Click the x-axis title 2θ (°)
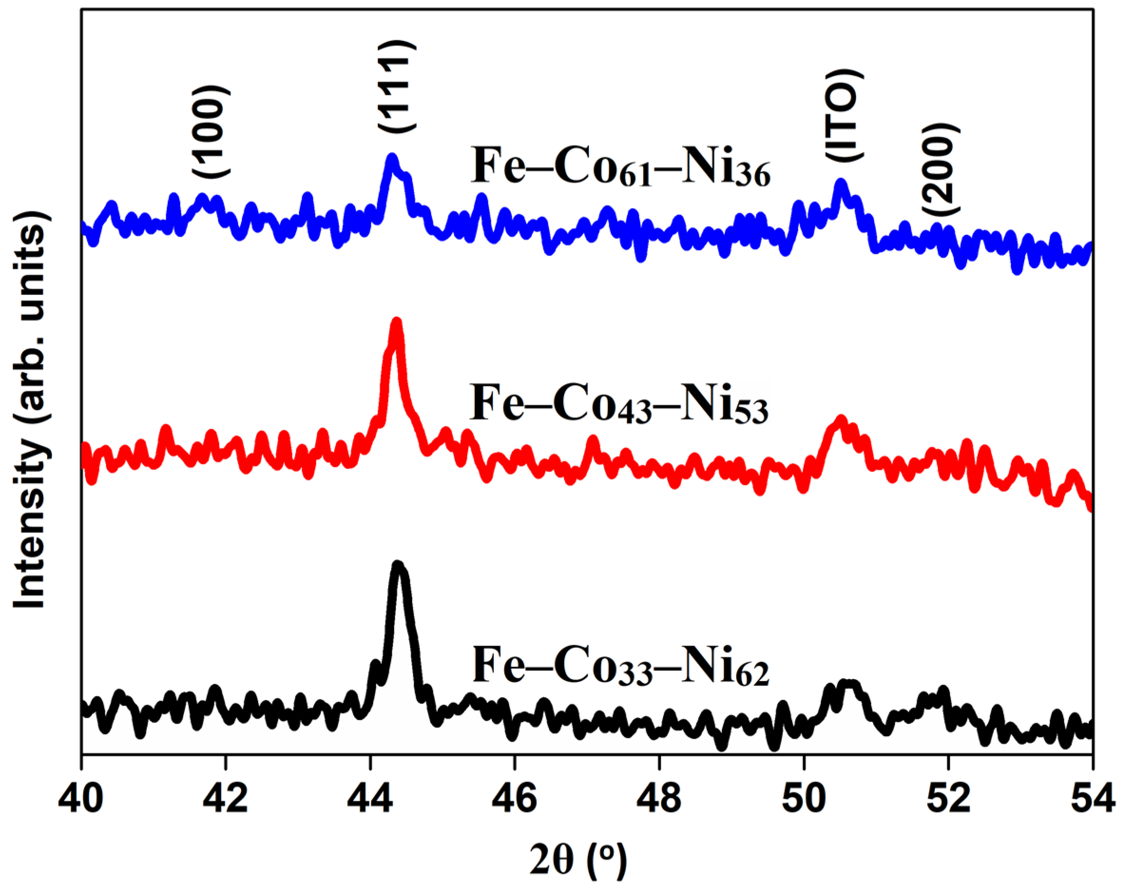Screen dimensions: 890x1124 pos(579,860)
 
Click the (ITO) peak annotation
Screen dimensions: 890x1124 pos(845,116)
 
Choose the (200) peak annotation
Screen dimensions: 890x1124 pos(941,170)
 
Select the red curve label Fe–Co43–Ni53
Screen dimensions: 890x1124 pos(619,404)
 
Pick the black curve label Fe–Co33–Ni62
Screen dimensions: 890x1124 pos(620,666)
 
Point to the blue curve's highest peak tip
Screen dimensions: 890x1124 pos(392,157)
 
